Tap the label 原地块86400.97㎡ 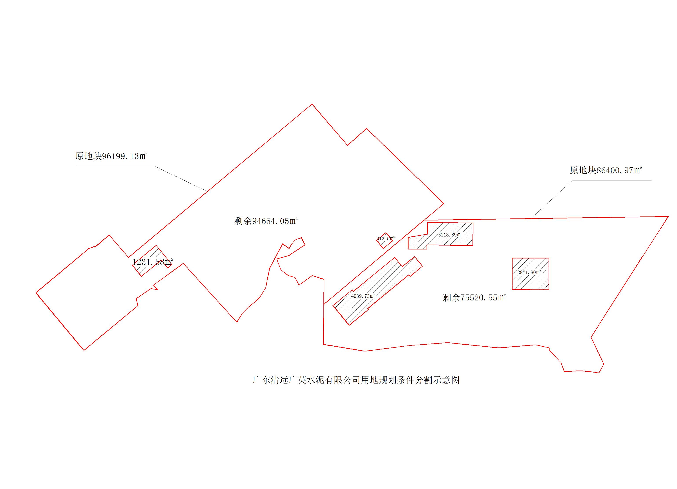point(606,170)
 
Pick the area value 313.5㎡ point(385,238)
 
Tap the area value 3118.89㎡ point(450,235)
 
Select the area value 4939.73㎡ point(363,296)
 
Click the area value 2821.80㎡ point(529,272)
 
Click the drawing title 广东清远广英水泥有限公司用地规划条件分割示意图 point(356,380)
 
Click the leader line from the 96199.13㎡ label point(179,178)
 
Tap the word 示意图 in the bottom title point(447,380)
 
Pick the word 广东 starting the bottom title point(261,380)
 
